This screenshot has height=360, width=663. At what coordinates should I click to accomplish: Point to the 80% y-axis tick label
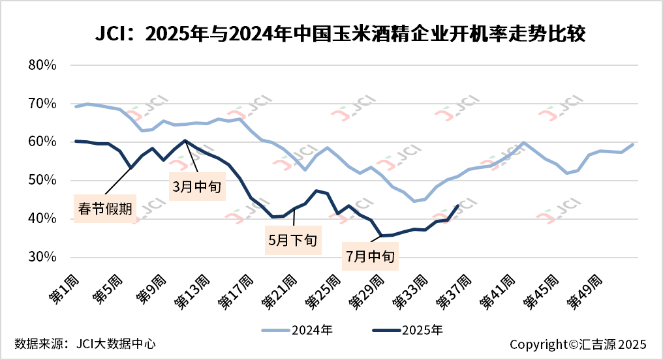pyautogui.click(x=44, y=65)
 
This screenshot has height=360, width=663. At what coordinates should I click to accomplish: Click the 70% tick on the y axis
pyautogui.click(x=44, y=104)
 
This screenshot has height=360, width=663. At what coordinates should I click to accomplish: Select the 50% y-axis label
pyautogui.click(x=44, y=180)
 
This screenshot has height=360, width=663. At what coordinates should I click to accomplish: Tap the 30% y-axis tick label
pyautogui.click(x=44, y=257)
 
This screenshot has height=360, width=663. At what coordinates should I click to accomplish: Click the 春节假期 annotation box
pyautogui.click(x=106, y=209)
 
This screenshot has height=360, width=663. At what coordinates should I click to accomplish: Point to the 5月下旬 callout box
pyautogui.click(x=292, y=239)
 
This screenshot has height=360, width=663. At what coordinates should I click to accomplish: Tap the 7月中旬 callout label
pyautogui.click(x=370, y=256)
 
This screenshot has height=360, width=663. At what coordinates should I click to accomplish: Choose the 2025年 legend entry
pyautogui.click(x=408, y=330)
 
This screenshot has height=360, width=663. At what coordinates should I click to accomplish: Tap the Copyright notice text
pyautogui.click(x=578, y=344)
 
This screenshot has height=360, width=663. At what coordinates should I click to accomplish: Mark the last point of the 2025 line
pyautogui.click(x=458, y=205)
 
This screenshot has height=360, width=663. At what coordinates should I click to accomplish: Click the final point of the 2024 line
pyautogui.click(x=632, y=144)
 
